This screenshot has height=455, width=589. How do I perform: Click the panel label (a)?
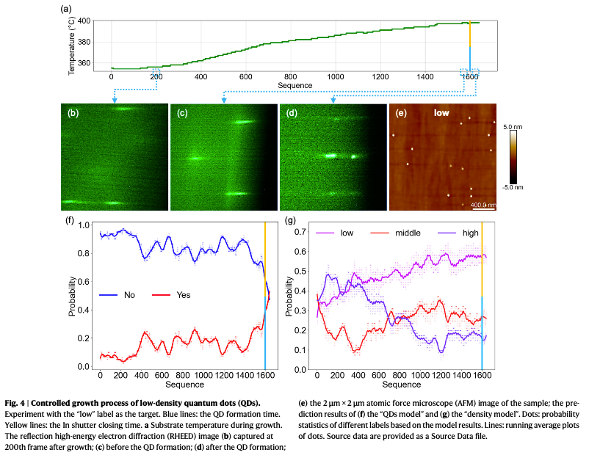66,10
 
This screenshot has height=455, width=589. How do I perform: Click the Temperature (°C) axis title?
72,45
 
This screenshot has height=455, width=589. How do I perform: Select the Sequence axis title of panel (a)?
295,85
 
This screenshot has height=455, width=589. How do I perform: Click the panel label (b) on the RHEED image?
73,113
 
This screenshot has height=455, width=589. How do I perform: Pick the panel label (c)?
182,113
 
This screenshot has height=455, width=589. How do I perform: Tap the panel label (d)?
292,113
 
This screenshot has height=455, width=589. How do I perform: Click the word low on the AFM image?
441,114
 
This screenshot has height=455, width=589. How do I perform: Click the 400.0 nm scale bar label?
483,204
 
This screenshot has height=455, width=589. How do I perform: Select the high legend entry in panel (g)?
471,233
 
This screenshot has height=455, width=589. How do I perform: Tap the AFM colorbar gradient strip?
514,156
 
